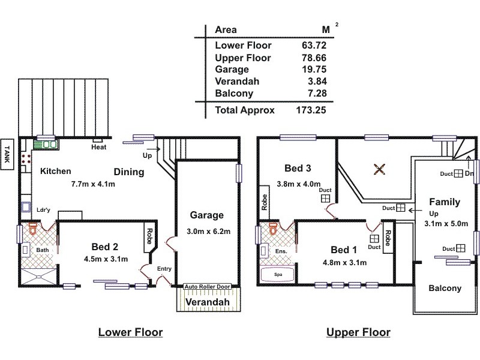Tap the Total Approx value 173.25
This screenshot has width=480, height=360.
(x=310, y=110)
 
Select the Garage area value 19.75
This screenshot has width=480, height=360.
(x=314, y=70)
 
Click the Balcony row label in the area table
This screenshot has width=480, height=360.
(x=234, y=94)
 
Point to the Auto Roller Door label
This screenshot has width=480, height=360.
(x=207, y=286)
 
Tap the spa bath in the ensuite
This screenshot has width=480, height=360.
(x=274, y=274)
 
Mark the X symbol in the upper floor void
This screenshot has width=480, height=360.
(x=379, y=169)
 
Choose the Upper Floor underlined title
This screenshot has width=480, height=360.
(x=358, y=332)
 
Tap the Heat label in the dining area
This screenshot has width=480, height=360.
(x=99, y=148)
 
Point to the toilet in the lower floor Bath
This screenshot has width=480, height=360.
(x=32, y=229)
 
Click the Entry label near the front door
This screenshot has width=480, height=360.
(x=164, y=269)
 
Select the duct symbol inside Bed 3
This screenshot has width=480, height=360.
(x=325, y=198)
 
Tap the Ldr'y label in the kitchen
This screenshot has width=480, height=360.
(x=43, y=211)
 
